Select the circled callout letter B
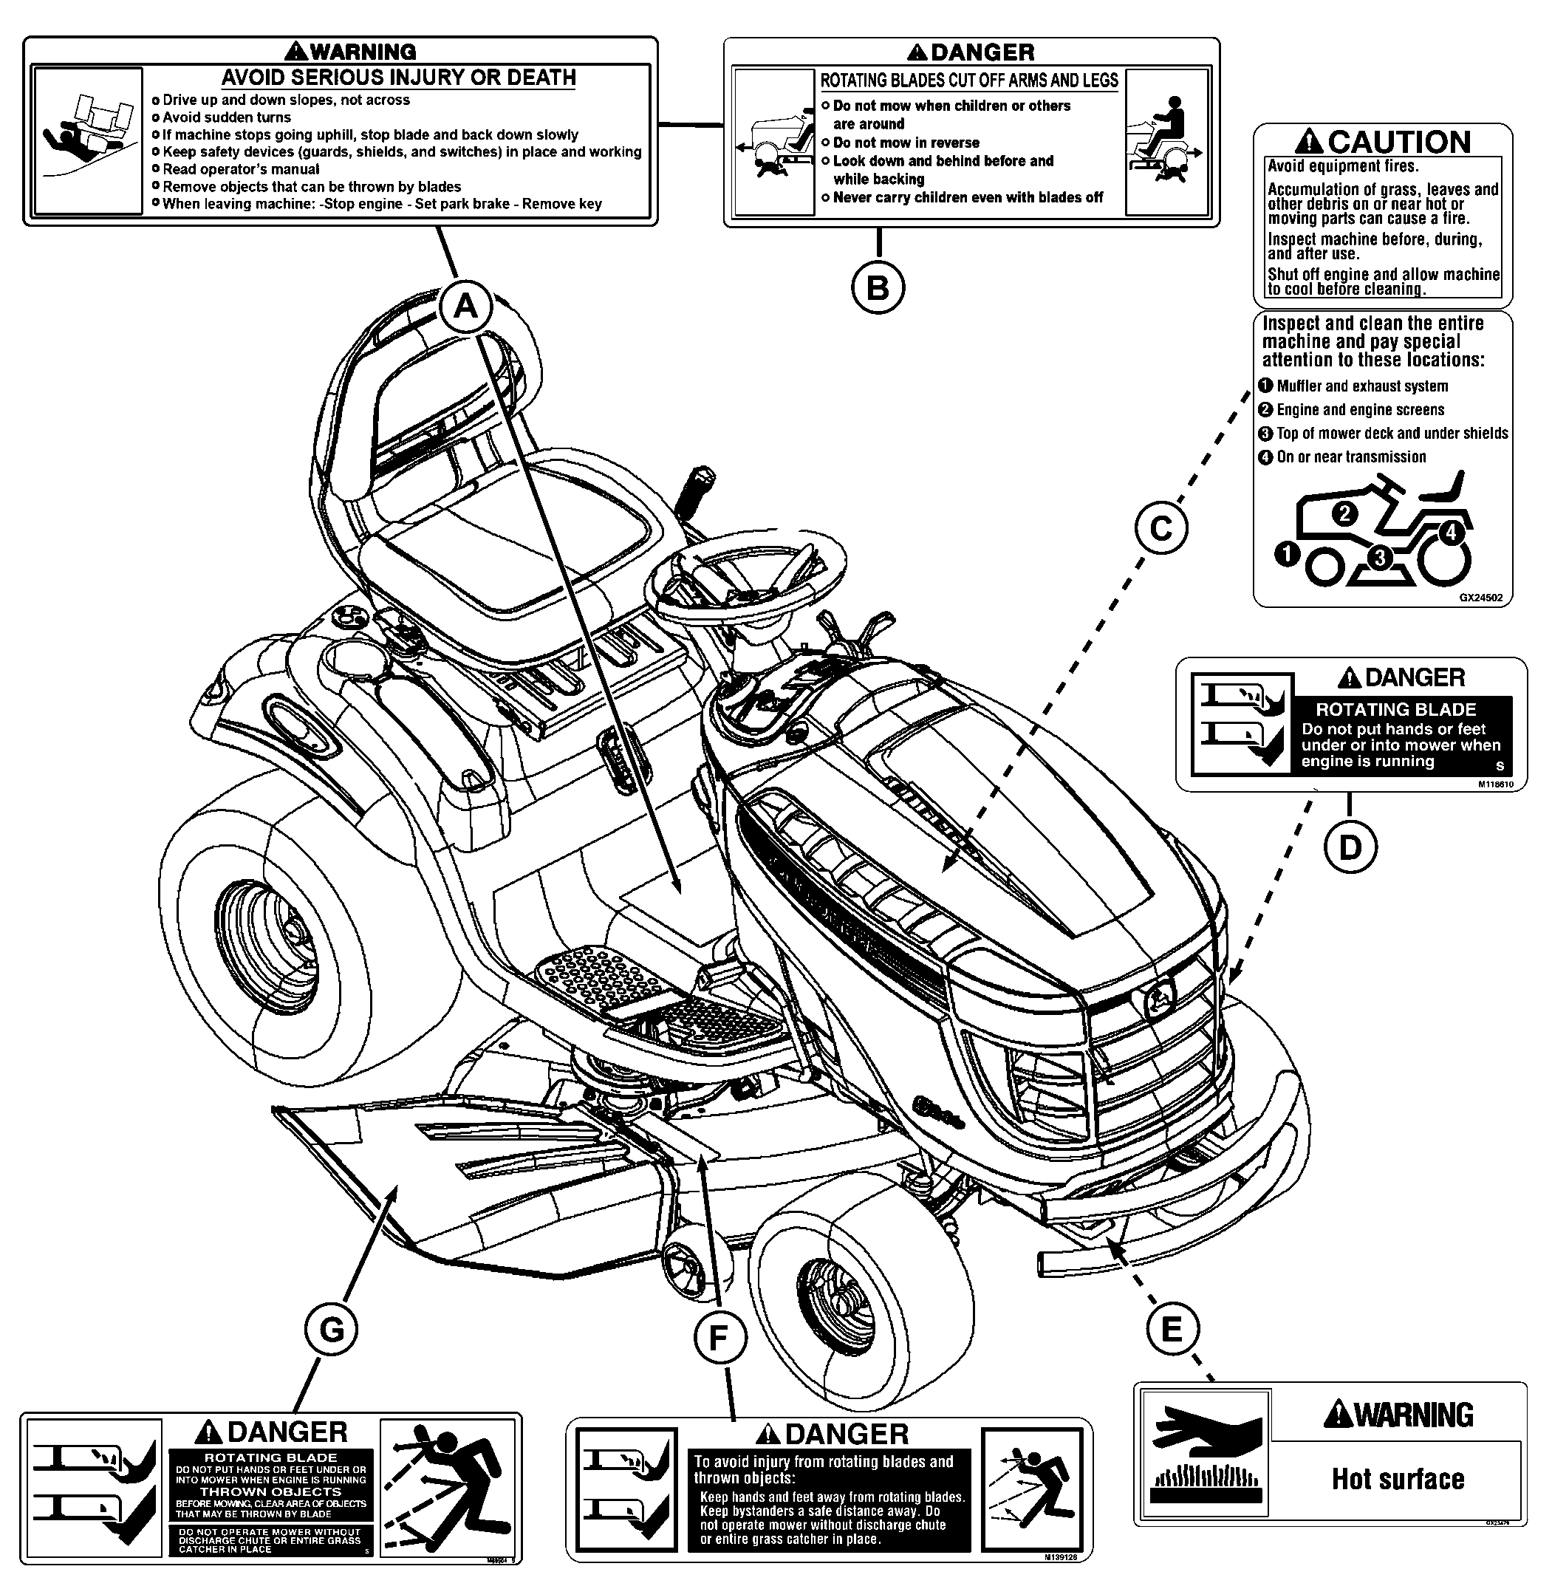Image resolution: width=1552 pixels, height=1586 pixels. click(x=878, y=287)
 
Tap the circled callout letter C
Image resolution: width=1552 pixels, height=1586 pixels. click(x=1160, y=529)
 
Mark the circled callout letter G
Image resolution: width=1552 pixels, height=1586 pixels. click(x=331, y=1330)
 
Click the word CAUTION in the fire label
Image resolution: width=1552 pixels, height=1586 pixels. click(x=1400, y=142)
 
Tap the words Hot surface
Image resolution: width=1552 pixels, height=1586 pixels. click(x=1397, y=1479)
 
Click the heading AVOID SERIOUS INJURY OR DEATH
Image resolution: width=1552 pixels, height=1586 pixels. click(x=399, y=78)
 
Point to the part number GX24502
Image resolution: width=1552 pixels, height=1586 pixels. click(x=1480, y=598)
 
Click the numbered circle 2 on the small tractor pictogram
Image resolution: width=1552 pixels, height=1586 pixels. click(x=1344, y=513)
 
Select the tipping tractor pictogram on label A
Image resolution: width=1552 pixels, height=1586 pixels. click(x=89, y=140)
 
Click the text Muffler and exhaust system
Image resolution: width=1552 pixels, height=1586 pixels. click(x=1361, y=386)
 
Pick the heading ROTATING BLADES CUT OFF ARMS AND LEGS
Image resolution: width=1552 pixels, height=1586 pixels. click(x=968, y=80)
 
